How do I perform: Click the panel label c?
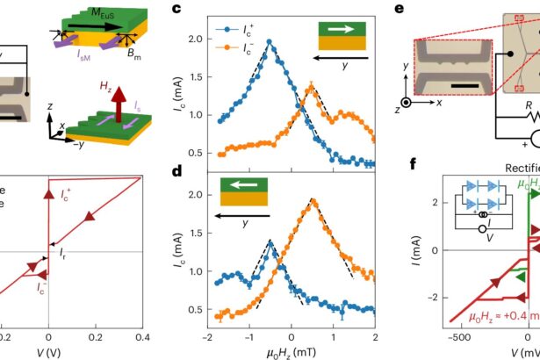pyautogui.click(x=176, y=11)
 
